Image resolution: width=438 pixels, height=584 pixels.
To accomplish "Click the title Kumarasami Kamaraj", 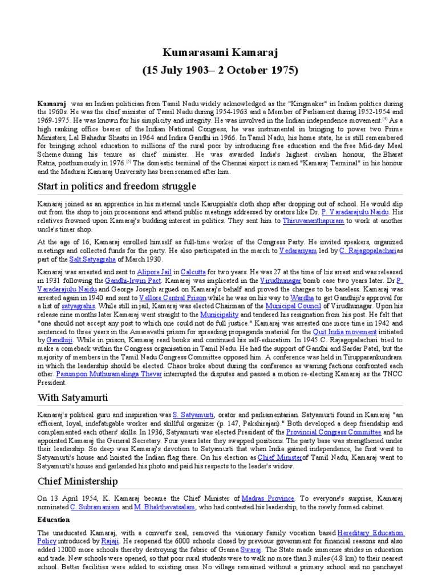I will (x=220, y=54).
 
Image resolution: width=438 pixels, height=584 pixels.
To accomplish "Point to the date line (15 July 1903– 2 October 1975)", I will (x=220, y=71).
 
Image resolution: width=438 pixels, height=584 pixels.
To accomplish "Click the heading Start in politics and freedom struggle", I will (x=116, y=186).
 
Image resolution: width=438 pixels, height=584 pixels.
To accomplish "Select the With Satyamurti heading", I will (x=73, y=396).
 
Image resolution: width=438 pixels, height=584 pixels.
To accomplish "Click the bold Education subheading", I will (x=54, y=520).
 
